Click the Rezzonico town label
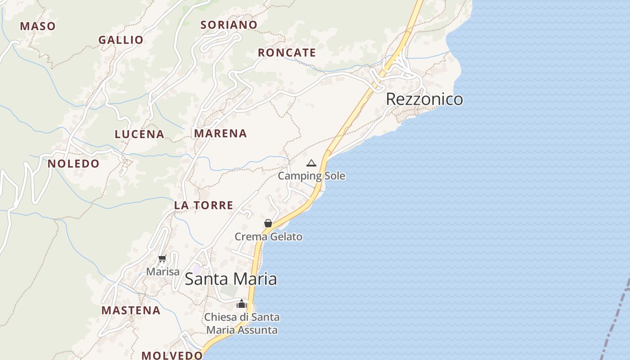pos(424,99)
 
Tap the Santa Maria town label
pos(231,279)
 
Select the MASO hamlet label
pos(38,26)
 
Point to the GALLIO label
pos(121,40)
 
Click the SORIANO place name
pos(229,25)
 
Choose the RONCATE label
pos(287,53)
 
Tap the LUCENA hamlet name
pos(139,134)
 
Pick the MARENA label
pos(220,133)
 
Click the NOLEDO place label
pos(73,163)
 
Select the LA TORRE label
pos(204,205)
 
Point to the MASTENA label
pos(131,310)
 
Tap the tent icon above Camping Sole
pos(311,163)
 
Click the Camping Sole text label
pos(311,176)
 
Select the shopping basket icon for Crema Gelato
pos(268,223)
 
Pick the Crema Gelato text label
pos(269,237)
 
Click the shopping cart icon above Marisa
pos(162,259)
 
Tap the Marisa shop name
pos(163,272)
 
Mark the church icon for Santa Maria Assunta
pos(242,304)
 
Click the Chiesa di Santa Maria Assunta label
pos(242,324)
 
